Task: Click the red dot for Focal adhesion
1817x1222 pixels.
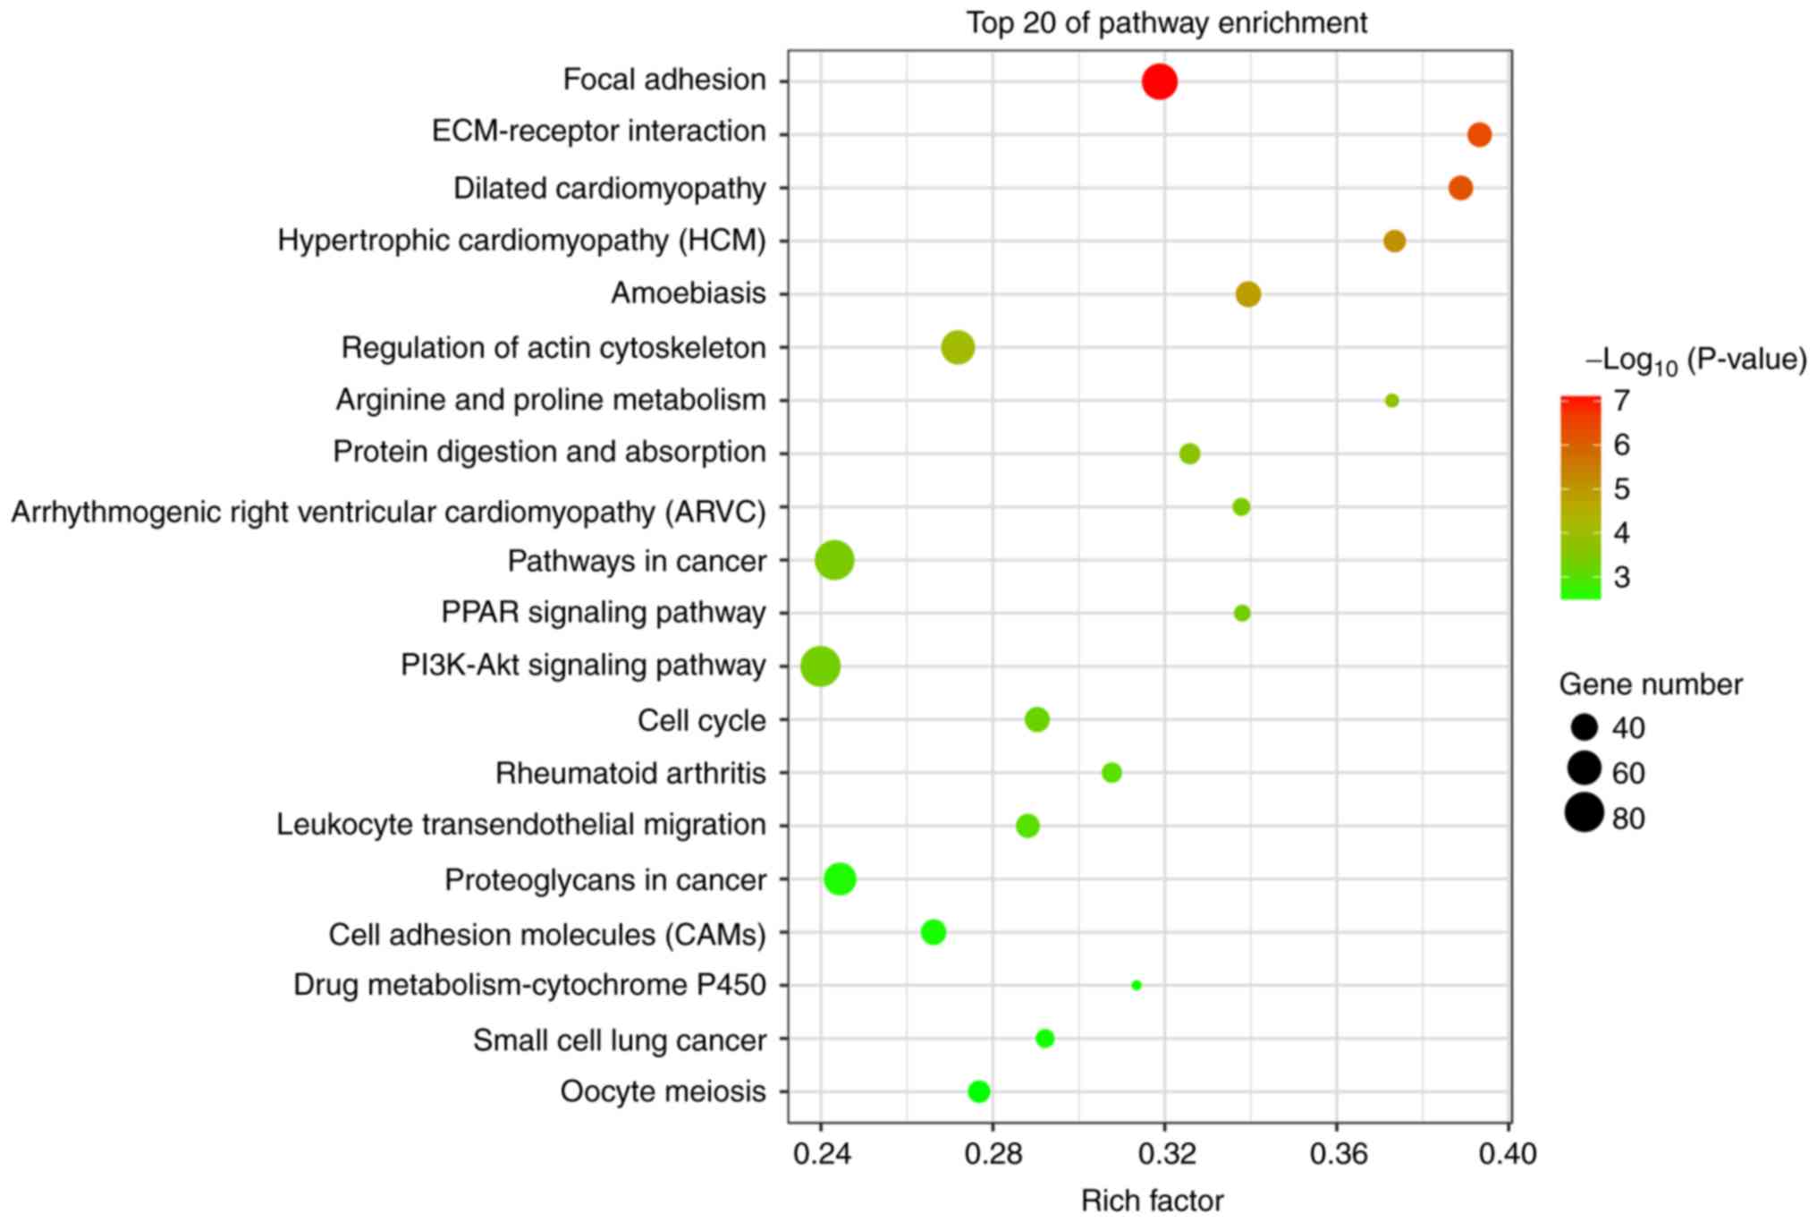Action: point(1159,82)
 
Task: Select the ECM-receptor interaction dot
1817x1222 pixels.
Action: point(1479,135)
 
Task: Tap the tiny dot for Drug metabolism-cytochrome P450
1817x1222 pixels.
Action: point(1136,985)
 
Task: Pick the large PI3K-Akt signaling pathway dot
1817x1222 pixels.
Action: point(820,666)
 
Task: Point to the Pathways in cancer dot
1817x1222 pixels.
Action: point(834,561)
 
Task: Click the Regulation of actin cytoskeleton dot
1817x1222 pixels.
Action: point(958,347)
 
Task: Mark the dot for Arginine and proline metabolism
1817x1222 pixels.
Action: point(1391,401)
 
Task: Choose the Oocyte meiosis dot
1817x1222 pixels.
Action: point(979,1091)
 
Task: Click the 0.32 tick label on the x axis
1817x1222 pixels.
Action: point(1166,1154)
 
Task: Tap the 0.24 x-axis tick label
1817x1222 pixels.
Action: point(822,1154)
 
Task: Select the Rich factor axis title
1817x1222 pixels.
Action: point(1152,1201)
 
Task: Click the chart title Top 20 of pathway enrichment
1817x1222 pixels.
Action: point(1166,23)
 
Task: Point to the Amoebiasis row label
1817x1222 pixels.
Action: point(688,293)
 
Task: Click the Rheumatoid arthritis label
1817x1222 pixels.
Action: point(630,773)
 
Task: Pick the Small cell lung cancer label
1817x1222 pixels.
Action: point(619,1040)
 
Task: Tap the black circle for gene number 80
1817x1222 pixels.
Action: point(1584,813)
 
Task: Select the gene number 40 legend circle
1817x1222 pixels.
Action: point(1584,727)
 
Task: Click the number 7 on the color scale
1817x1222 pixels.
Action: point(1621,401)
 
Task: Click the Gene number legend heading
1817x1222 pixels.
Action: point(1651,684)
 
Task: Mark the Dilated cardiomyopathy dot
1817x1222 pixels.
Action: point(1460,188)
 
